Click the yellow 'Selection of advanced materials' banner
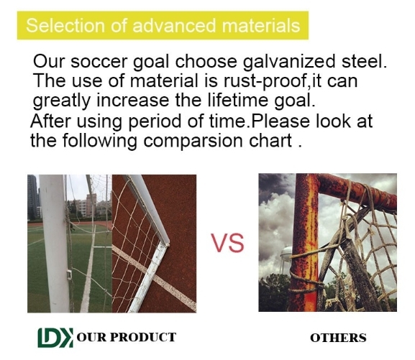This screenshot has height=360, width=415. (163, 27)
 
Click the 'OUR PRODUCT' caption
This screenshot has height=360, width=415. (131, 336)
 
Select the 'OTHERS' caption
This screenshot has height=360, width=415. (338, 338)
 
